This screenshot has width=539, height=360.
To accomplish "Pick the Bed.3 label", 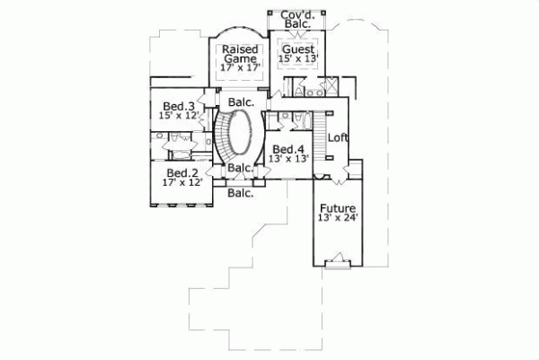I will (178, 105).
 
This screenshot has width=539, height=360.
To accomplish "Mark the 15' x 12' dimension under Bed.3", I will (178, 115).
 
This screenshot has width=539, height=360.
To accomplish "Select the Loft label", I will (337, 137).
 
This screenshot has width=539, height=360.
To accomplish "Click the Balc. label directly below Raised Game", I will (240, 102).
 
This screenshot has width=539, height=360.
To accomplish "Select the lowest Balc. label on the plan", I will (240, 192).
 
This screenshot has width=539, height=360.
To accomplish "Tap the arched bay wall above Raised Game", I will (239, 32).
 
